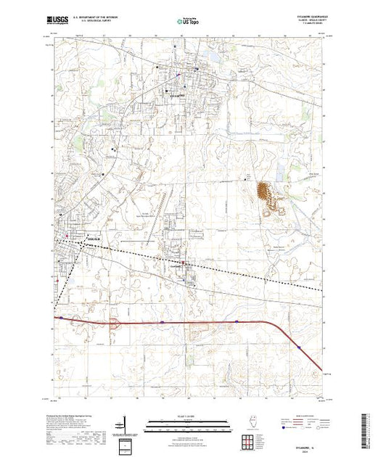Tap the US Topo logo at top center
[x=189, y=22]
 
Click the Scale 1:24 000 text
[x=188, y=416]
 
